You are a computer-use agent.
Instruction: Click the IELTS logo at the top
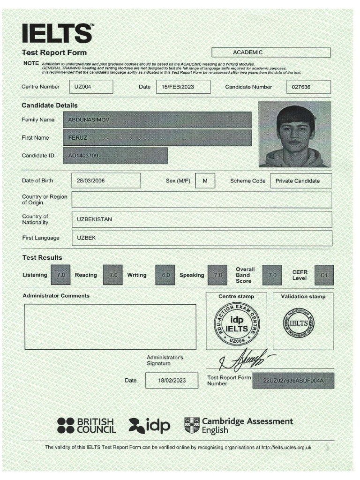pos(57,34)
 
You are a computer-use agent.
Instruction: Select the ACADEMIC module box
pos(271,52)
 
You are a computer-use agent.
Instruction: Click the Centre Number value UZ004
pos(91,87)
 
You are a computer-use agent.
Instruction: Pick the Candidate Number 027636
pos(308,87)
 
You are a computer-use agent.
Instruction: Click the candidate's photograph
pos(294,135)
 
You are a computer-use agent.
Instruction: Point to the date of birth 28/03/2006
pos(106,180)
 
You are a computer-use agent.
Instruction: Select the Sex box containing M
pos(205,180)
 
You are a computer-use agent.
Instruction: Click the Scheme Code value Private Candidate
pos(300,180)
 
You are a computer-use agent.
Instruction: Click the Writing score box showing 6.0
pos(165,275)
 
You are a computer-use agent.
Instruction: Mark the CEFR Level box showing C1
pos(324,275)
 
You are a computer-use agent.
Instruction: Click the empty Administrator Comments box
pos(110,327)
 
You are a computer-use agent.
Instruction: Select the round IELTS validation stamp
pos(299,323)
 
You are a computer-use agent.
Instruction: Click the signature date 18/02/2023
pos(172,381)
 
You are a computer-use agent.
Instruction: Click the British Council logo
pos(86,425)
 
